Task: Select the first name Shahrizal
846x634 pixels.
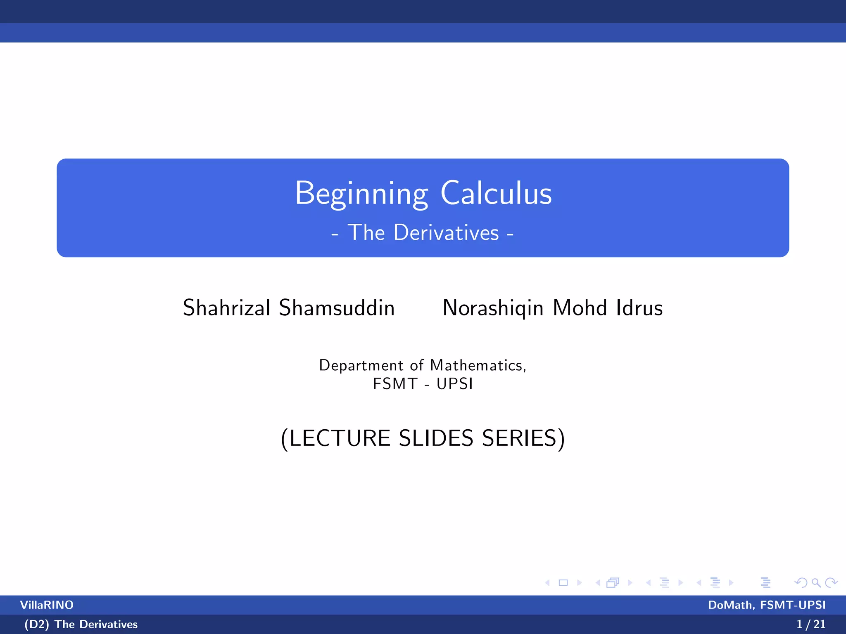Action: [x=226, y=308]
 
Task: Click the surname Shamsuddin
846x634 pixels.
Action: [x=337, y=308]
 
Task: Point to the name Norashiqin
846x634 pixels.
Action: [x=493, y=308]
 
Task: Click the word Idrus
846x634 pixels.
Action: [x=639, y=308]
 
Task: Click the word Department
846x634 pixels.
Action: [x=361, y=366]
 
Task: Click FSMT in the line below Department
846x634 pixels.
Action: [x=395, y=384]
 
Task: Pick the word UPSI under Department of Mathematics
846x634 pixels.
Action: [x=454, y=384]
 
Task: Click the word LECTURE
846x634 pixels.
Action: [x=340, y=438]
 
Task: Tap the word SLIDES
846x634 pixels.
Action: [x=436, y=438]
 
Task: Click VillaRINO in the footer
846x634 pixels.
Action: [x=47, y=605]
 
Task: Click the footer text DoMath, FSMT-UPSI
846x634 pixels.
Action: [x=767, y=605]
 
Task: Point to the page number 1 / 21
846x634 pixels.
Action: [x=810, y=624]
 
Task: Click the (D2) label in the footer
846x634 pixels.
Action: [x=37, y=624]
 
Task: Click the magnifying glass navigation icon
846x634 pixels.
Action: [x=816, y=583]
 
